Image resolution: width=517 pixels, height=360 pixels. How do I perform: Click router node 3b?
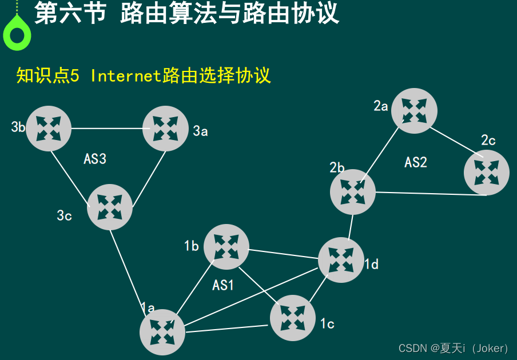(x=49, y=129)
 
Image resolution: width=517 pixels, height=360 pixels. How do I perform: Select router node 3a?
(x=165, y=129)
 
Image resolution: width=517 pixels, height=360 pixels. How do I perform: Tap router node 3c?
(x=110, y=207)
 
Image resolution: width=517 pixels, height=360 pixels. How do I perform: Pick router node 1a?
(x=162, y=332)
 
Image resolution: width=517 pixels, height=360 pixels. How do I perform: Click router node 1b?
(x=226, y=247)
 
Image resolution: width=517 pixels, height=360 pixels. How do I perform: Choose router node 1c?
(x=293, y=318)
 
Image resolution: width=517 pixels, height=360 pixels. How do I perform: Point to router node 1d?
(x=341, y=260)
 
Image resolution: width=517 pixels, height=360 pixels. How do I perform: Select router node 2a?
(x=415, y=111)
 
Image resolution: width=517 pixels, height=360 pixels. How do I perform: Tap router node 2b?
(x=353, y=192)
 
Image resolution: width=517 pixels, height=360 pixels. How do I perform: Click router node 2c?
(x=487, y=173)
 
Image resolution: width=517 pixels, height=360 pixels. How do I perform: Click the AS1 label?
(x=223, y=285)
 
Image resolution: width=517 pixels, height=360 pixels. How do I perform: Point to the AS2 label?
(x=416, y=162)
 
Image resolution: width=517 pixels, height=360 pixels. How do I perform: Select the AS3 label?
(x=95, y=159)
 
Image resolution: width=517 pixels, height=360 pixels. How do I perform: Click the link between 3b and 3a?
(x=107, y=129)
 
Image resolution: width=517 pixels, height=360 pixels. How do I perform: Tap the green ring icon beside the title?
(x=17, y=34)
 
